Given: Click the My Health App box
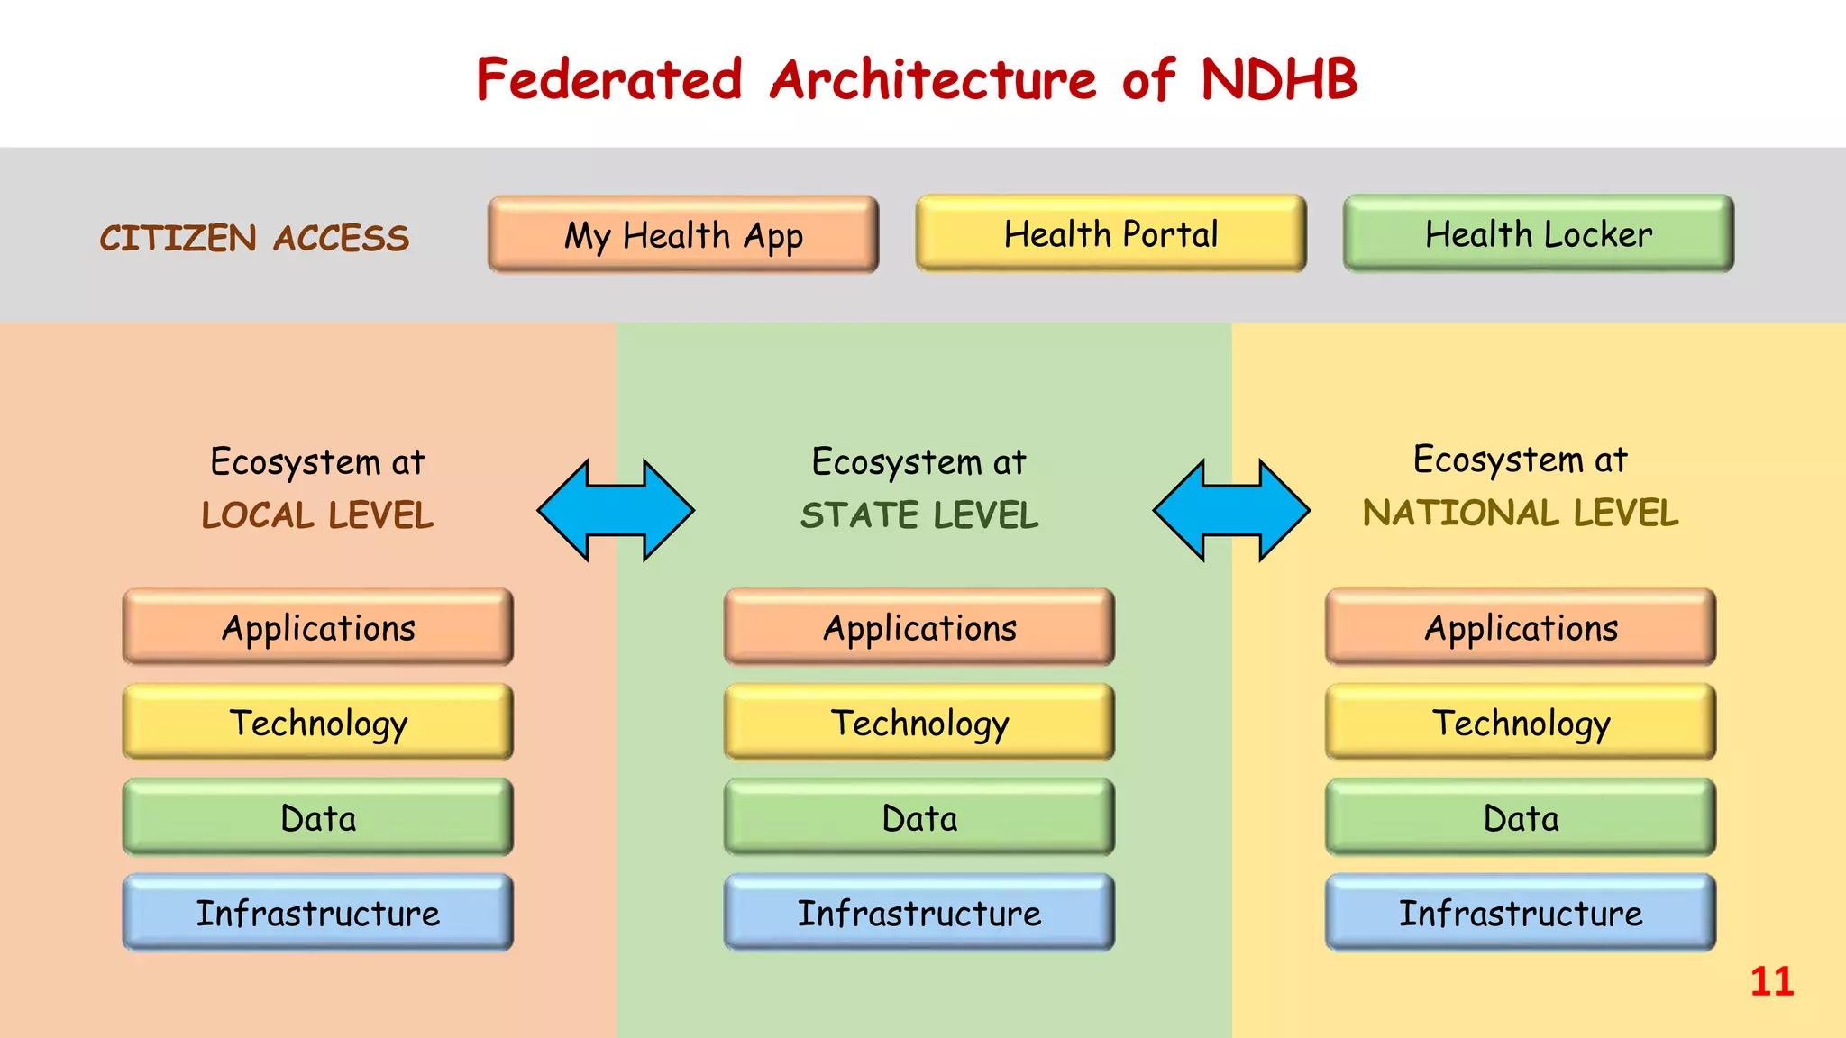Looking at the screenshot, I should pyautogui.click(x=683, y=235).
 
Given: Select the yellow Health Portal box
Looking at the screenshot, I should pyautogui.click(x=1110, y=234).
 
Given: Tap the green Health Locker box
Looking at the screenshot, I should pyautogui.click(x=1538, y=234).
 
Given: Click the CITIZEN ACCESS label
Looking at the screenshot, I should pyautogui.click(x=254, y=239).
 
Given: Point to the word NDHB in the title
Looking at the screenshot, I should pyautogui.click(x=1278, y=79).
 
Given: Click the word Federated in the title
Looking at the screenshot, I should pyautogui.click(x=609, y=79).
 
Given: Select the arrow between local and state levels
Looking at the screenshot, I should pyautogui.click(x=616, y=510).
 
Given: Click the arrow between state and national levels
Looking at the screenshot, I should pyautogui.click(x=1231, y=510).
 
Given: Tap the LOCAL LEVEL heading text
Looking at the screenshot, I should pyautogui.click(x=317, y=515).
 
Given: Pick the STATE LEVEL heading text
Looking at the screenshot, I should pyautogui.click(x=919, y=515).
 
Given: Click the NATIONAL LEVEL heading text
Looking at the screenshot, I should pyautogui.click(x=1521, y=514).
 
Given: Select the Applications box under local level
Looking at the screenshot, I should pyautogui.click(x=318, y=628).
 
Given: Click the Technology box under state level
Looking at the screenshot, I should pyautogui.click(x=919, y=723).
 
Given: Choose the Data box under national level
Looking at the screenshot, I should pyautogui.click(x=1521, y=818).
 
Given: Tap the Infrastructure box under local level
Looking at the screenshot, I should pyautogui.click(x=318, y=913).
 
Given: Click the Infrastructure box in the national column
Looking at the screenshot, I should pyautogui.click(x=1521, y=913).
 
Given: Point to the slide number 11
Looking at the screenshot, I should pyautogui.click(x=1771, y=981).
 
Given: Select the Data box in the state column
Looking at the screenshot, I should pyautogui.click(x=919, y=818).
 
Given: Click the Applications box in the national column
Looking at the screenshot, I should pyautogui.click(x=1521, y=628).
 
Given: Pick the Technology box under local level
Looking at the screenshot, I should pyautogui.click(x=318, y=723).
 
